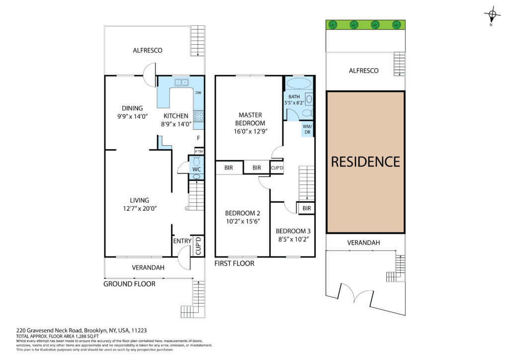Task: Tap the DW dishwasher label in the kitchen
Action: click(198, 93)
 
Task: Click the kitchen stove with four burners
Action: click(199, 116)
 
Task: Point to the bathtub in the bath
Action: click(299, 84)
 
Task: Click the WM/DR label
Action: click(307, 129)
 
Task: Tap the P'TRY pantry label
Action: click(199, 152)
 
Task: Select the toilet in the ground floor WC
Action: click(196, 161)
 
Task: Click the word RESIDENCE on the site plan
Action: click(365, 162)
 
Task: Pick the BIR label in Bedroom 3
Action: click(307, 208)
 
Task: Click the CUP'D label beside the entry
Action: click(198, 246)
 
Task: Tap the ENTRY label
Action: click(182, 241)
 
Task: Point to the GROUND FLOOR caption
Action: click(129, 284)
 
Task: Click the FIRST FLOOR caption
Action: click(235, 264)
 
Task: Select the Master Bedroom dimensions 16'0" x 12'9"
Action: click(251, 131)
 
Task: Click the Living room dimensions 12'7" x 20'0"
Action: click(140, 209)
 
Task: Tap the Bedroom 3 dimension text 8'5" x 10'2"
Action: click(293, 240)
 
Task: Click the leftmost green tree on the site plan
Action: click(333, 25)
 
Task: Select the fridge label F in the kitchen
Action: click(198, 138)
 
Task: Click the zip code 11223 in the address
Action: click(139, 331)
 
